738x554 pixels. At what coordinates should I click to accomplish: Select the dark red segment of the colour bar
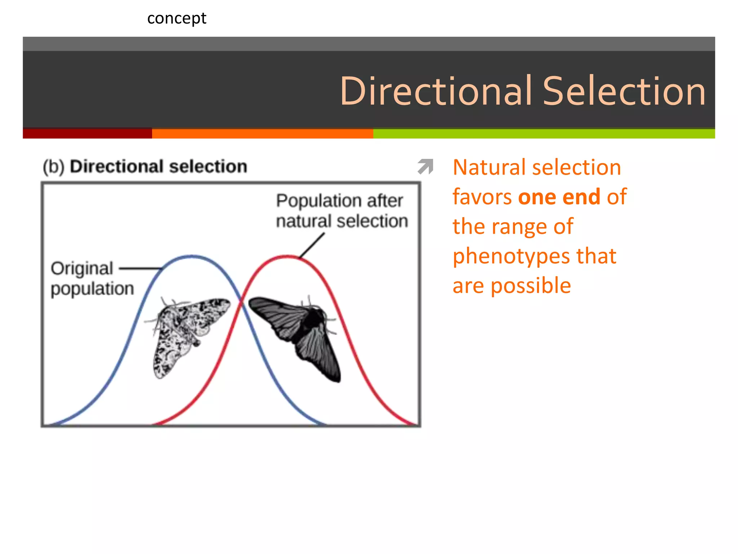click(x=87, y=133)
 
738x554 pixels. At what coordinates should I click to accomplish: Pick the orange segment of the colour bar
click(x=262, y=133)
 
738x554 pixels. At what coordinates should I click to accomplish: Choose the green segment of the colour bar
click(x=544, y=133)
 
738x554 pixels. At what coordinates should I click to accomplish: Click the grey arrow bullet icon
click(x=426, y=167)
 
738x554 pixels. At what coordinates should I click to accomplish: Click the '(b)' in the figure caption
click(x=54, y=167)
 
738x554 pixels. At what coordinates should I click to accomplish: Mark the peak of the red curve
click(x=287, y=256)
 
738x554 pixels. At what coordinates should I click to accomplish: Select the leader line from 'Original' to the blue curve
click(x=141, y=268)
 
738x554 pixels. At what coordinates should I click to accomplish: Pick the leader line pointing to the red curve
click(x=312, y=245)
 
